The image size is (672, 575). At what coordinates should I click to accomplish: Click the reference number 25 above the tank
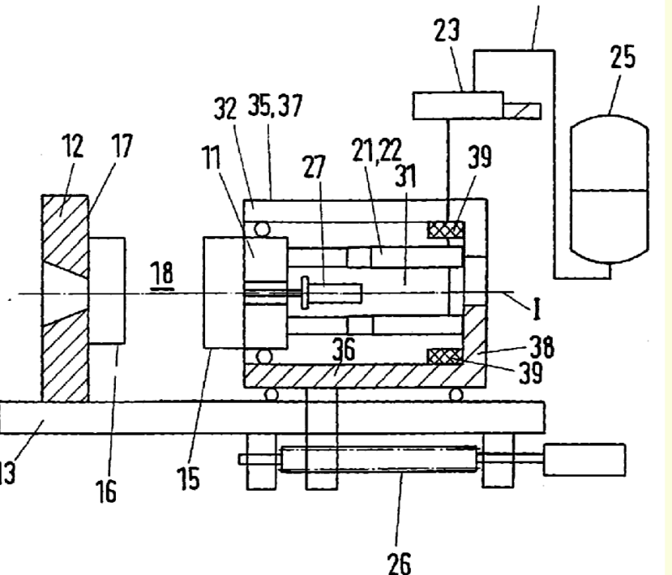[x=622, y=59]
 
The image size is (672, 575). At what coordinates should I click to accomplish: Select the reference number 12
[x=73, y=147]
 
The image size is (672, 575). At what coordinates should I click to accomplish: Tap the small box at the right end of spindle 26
[x=585, y=459]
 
